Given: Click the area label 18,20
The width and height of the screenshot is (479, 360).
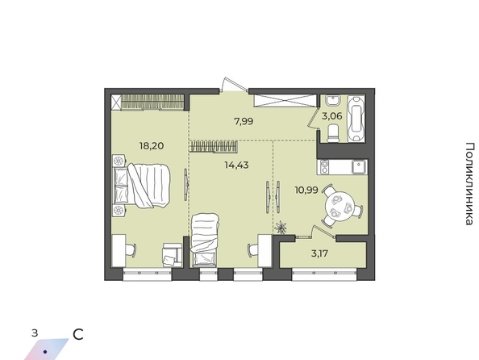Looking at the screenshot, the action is point(152,145).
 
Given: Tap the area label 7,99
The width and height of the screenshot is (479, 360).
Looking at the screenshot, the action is point(244,121).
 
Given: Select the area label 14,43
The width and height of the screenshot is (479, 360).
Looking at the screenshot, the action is point(236,165).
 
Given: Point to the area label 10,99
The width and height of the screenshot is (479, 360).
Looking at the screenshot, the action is point(306,190).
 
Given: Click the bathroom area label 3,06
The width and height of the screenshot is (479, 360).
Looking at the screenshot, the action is point(331,116).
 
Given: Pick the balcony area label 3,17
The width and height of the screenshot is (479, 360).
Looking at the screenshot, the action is point(319,253).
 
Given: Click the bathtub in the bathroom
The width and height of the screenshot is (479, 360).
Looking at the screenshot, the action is point(356,118).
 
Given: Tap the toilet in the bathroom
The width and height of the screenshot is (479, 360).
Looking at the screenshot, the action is point(333,134).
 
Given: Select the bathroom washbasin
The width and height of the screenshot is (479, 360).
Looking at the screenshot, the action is point(332,101).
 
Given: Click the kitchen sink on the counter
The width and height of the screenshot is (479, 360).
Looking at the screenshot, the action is point(358,167).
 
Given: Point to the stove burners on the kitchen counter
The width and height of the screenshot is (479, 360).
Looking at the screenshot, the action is point(324,167).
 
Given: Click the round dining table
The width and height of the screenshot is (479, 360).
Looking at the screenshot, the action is point(339,206).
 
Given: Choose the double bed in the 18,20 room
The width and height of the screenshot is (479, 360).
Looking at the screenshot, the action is point(141,186).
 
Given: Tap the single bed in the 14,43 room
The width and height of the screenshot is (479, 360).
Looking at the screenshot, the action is point(204,240).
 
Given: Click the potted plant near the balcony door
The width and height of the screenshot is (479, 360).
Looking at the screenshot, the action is point(281,228).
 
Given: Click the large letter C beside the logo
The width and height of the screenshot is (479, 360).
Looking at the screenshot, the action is point(78,335).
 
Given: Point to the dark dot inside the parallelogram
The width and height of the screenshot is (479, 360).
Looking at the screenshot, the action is point(45,352).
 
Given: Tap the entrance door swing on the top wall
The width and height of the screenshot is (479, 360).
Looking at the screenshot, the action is point(234,84).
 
